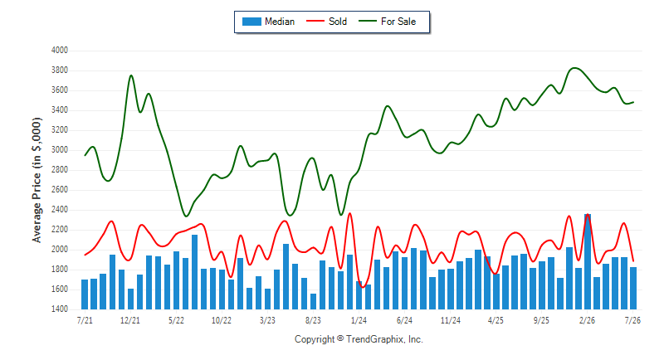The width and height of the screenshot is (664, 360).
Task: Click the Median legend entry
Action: (268, 22)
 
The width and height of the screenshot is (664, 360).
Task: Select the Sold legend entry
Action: (326, 22)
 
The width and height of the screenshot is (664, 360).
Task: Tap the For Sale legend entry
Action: (388, 22)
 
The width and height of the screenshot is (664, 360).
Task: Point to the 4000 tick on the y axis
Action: (59, 51)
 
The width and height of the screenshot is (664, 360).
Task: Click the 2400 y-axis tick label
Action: (59, 210)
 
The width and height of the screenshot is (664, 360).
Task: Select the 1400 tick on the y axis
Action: (59, 309)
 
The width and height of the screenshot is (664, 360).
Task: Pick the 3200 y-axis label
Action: (59, 130)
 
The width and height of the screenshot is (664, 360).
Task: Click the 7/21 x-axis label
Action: (85, 320)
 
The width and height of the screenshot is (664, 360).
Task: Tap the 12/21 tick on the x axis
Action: (130, 320)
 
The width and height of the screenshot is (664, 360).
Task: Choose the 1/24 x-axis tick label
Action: (359, 320)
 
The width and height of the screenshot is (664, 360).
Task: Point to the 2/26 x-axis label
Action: (587, 320)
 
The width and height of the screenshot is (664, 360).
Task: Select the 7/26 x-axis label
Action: (632, 320)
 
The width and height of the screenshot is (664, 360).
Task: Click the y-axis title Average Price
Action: (37, 180)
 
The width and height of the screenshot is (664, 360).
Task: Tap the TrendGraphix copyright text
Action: (359, 339)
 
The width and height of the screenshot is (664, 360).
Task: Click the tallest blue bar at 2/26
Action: (588, 261)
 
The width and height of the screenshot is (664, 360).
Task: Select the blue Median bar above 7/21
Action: (85, 294)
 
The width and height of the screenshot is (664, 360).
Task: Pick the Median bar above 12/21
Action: (130, 299)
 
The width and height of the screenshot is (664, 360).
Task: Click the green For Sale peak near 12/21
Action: (131, 75)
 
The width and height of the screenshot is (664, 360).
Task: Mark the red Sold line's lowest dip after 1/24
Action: (363, 287)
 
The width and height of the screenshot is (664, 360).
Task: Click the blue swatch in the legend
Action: (251, 22)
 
